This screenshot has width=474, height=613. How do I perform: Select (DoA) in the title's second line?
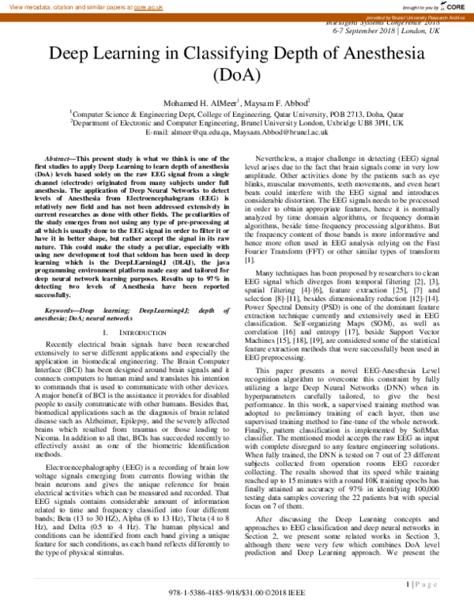coord(236,75)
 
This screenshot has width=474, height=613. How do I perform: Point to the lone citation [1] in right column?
coord(250,260)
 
